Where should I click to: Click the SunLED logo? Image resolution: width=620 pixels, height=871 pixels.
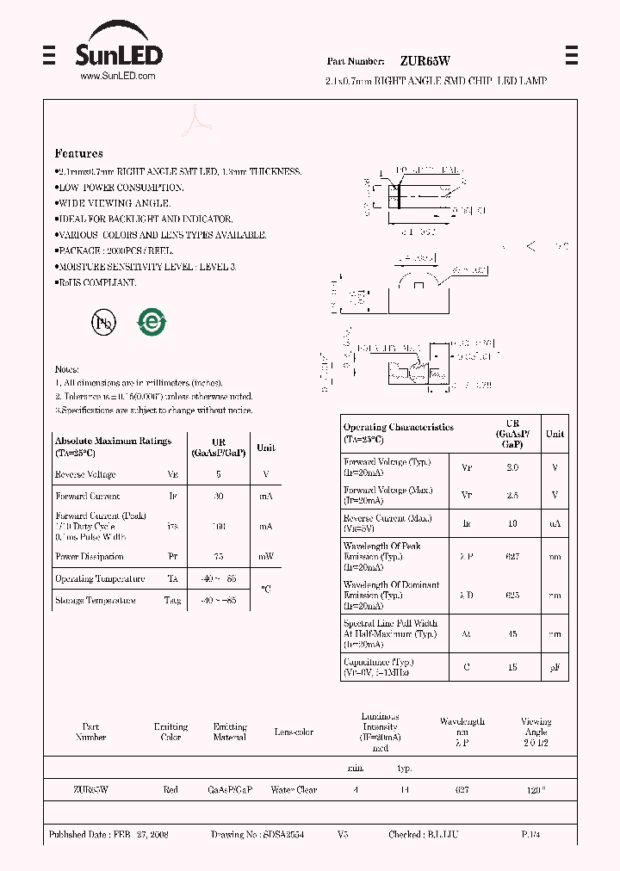click(x=118, y=49)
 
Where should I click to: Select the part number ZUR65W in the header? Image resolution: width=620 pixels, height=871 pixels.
click(x=425, y=61)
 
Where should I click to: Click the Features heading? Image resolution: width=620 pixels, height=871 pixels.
click(x=78, y=153)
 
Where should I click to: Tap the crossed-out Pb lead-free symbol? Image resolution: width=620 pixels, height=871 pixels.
click(x=103, y=322)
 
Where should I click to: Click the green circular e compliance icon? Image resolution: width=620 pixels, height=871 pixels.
click(x=151, y=322)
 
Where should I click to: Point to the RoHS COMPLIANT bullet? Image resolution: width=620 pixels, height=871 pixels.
click(x=96, y=282)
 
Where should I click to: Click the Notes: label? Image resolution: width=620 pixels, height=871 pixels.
click(x=66, y=368)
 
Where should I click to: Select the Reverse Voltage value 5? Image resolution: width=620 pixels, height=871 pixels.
click(x=218, y=474)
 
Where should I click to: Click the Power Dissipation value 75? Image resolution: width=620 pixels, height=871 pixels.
click(x=218, y=556)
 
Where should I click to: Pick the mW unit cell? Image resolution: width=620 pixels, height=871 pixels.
click(x=266, y=556)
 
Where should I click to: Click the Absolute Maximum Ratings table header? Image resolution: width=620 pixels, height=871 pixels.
click(x=113, y=446)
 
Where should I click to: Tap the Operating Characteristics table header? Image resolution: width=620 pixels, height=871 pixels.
click(x=398, y=432)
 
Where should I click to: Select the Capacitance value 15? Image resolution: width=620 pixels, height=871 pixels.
click(x=513, y=666)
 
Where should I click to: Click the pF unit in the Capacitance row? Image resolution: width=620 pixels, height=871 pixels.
click(x=555, y=666)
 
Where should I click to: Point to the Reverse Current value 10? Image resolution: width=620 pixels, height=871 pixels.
click(x=513, y=522)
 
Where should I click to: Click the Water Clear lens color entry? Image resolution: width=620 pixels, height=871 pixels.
click(x=294, y=789)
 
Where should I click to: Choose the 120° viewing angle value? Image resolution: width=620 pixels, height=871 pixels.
click(x=536, y=789)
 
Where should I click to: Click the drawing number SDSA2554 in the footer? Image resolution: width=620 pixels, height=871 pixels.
click(x=283, y=834)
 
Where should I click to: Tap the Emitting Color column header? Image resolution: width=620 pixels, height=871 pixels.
click(x=170, y=732)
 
